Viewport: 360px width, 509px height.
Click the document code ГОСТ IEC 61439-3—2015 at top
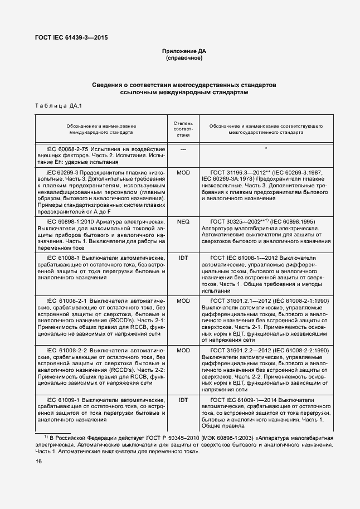coord(67,38)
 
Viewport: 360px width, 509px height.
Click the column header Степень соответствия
coord(183,128)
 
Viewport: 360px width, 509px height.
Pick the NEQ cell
coord(183,221)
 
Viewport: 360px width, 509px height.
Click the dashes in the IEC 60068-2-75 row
coord(183,149)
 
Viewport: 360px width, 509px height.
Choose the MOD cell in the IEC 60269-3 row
coord(183,173)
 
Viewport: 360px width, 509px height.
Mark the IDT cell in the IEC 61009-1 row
coord(183,400)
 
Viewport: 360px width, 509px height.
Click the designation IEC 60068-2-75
coord(70,149)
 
